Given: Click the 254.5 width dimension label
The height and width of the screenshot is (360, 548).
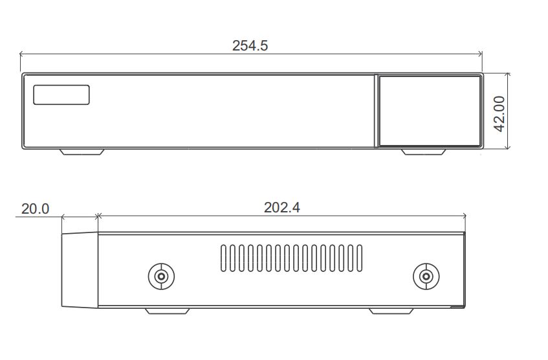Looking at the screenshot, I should pos(250,45).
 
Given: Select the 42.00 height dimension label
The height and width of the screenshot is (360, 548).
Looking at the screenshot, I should pos(499,113).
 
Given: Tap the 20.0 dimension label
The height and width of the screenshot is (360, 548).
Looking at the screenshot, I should pos(35,208).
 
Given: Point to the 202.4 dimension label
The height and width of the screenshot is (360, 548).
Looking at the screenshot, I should pos(281,207).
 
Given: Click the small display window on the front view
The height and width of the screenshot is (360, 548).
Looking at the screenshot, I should pos(61,95).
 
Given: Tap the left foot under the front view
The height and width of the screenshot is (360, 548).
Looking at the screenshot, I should pos(82,152).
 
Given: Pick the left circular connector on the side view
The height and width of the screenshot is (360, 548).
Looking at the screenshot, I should pos(161,277).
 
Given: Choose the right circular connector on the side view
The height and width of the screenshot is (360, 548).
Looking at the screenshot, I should pos(426,277).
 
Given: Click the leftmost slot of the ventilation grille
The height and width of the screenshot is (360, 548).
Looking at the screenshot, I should pos(223,258).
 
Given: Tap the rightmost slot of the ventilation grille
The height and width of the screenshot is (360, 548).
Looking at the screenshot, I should pos(360,258).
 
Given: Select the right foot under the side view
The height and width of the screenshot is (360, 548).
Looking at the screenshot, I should pos(391,311).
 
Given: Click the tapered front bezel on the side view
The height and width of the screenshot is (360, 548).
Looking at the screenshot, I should pos(80,270).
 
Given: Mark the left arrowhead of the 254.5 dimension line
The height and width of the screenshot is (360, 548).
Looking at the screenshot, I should pos(23,54).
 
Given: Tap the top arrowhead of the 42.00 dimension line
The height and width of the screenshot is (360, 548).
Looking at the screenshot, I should pos(509,75).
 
